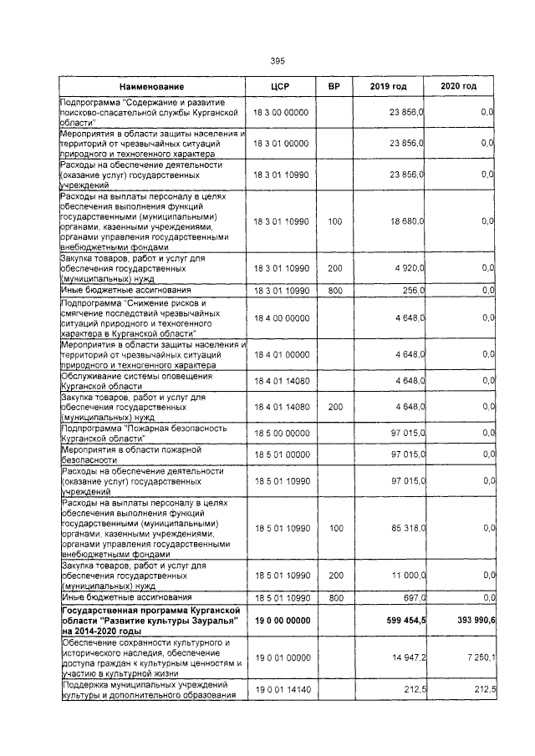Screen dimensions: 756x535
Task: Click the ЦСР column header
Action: [x=280, y=87]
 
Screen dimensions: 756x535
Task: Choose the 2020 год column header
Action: [x=459, y=87]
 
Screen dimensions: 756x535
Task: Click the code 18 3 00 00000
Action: [x=282, y=112]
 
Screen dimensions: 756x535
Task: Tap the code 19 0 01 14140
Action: [x=282, y=690]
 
